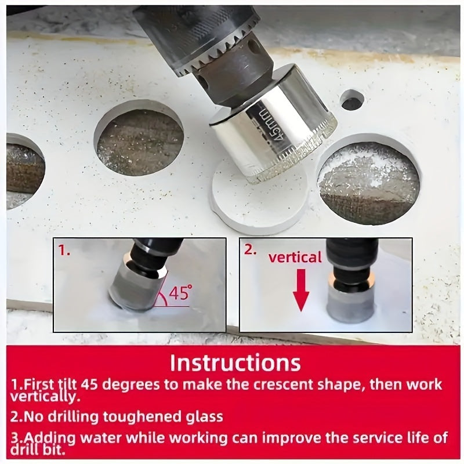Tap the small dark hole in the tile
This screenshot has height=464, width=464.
(352, 100)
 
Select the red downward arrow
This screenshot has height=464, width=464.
(301, 290)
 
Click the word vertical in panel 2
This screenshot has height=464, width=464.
(295, 257)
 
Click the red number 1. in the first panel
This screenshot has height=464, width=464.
(64, 251)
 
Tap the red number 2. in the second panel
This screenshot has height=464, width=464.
(251, 249)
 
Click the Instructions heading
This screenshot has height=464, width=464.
(235, 363)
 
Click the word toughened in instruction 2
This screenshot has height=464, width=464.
(140, 416)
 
